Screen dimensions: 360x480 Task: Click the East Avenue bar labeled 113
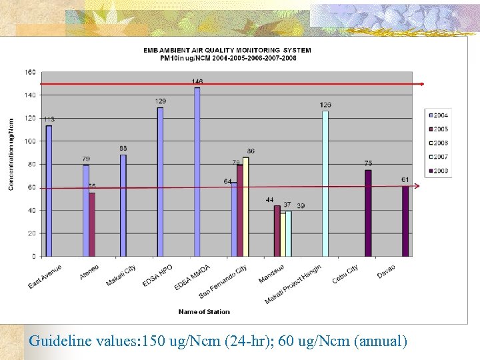pos(49,191)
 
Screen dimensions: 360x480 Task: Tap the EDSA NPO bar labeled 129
pos(160,181)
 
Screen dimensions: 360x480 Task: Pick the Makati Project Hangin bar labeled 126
pos(325,183)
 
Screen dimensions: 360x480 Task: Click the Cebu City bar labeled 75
pos(368,213)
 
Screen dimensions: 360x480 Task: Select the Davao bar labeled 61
pos(405,221)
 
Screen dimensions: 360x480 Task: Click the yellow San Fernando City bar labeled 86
pos(245,207)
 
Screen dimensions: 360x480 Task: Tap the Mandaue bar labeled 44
pos(277,231)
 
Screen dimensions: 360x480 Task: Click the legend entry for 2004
pos(437,115)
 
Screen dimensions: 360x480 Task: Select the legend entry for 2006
pos(437,143)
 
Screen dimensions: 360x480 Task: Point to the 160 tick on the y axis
pos(31,72)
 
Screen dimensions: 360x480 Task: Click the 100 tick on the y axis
pos(31,141)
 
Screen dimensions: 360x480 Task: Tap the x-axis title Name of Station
pos(204,311)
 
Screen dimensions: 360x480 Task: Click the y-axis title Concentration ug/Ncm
pos(11,155)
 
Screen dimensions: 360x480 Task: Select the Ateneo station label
pos(89,273)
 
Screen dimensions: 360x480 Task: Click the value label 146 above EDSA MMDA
pos(197,81)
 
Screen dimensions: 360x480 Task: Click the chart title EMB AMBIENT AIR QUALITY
pos(227,50)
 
